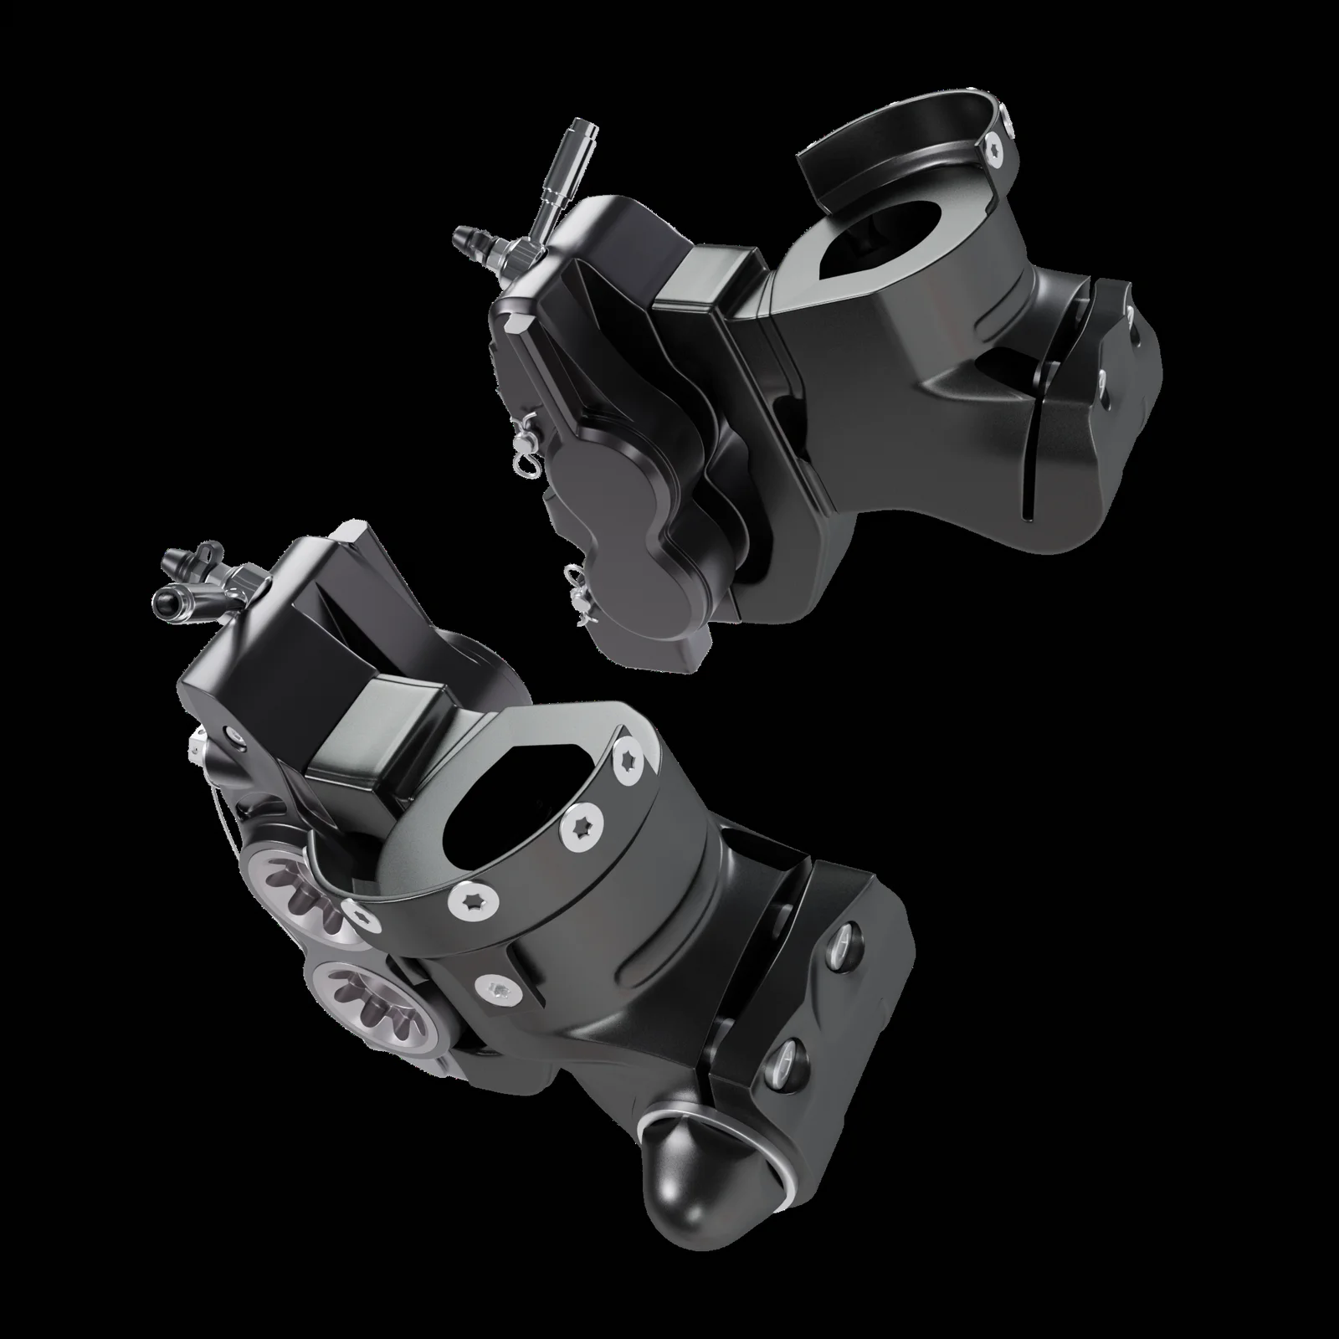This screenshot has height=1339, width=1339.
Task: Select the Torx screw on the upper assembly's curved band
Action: pos(998,149)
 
